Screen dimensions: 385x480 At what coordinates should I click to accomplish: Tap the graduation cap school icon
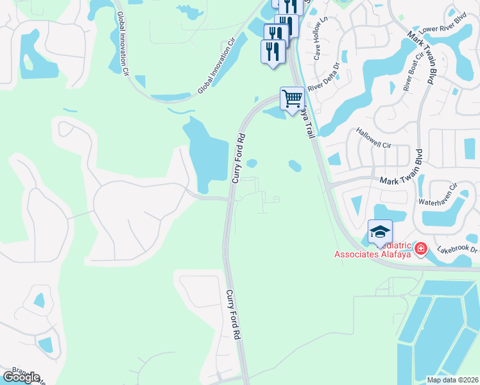coord(380,232)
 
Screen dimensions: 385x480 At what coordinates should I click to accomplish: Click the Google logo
coord(21,377)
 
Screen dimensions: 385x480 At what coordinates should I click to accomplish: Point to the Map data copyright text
coord(452,380)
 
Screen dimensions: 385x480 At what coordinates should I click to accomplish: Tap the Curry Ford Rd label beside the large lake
coord(239,158)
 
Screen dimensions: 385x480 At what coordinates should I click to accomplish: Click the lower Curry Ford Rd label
coord(233,314)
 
